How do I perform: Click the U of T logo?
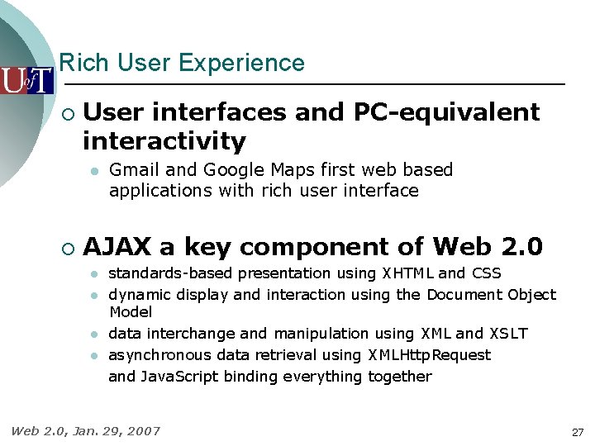26,80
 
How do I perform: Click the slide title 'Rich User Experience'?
182,63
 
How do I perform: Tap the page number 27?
577,432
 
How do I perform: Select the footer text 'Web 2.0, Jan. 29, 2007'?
85,430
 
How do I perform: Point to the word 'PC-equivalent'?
446,111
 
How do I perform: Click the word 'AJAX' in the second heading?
117,247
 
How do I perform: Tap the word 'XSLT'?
507,334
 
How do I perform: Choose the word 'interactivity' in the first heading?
164,141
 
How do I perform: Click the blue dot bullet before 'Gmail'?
95,171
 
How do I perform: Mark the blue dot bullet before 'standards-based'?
95,274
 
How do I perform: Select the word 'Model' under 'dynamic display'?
131,312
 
